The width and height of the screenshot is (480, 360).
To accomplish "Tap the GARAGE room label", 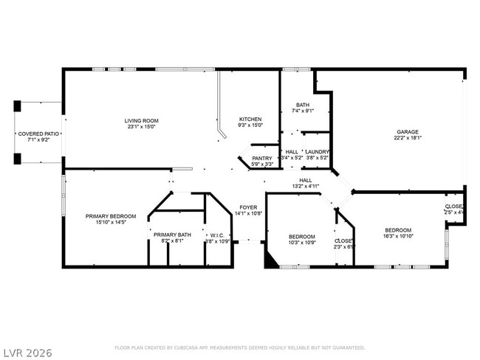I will coord(408,131).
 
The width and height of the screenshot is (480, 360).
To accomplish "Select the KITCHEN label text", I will coord(250,120).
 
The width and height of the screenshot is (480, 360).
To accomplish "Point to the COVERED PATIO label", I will coord(39,134).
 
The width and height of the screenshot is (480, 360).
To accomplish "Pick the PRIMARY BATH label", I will coord(172,235).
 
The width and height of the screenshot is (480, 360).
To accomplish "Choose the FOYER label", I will coord(247,207).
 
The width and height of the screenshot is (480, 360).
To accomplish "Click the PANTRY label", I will coord(262,158).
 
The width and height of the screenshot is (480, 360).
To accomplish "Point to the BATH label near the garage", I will coord(303,105).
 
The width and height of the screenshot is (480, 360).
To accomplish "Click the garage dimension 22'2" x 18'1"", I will coord(408,138).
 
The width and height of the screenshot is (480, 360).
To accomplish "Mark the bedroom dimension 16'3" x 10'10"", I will coord(398,236).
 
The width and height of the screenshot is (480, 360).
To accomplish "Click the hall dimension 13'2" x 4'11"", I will coord(305,187).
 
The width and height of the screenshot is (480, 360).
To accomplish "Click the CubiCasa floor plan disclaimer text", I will coord(240,347).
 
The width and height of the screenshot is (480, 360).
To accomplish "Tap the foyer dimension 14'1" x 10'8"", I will coord(247,214).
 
